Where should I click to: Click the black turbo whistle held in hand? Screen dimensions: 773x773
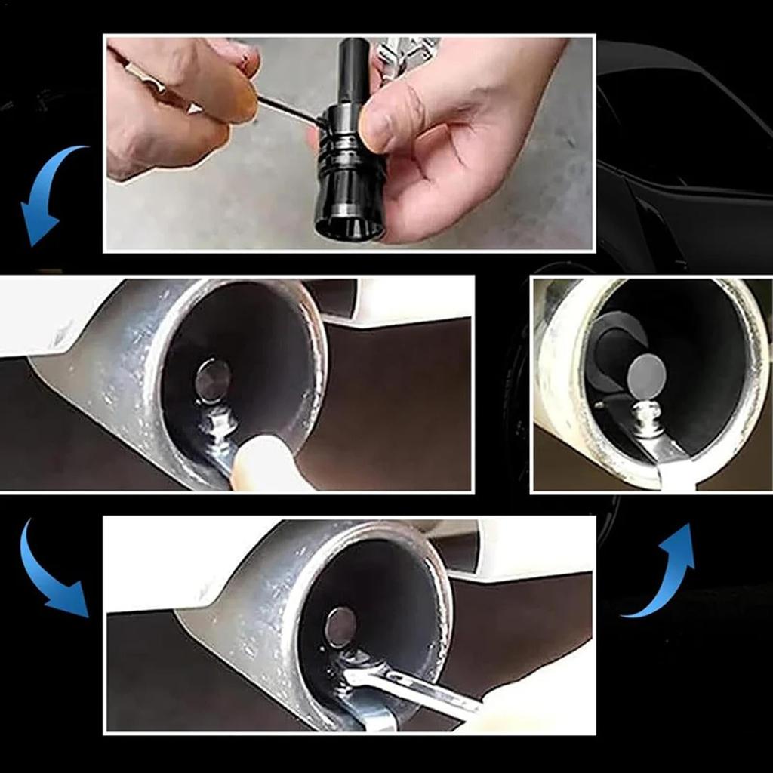349,166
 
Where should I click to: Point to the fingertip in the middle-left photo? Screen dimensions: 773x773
264,464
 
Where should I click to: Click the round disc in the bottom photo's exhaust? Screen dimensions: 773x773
340,627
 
